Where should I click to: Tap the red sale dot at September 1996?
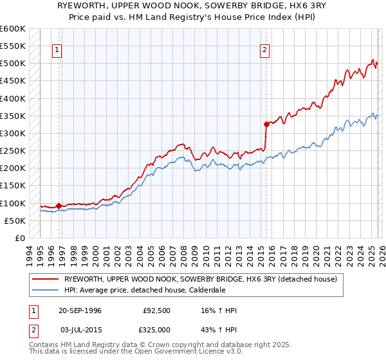[x=59, y=206]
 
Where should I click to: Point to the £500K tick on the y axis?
[x=12, y=64]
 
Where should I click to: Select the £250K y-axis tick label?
[x=12, y=151]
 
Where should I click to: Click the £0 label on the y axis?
[x=21, y=238]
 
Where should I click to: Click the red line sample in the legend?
[x=46, y=279]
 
